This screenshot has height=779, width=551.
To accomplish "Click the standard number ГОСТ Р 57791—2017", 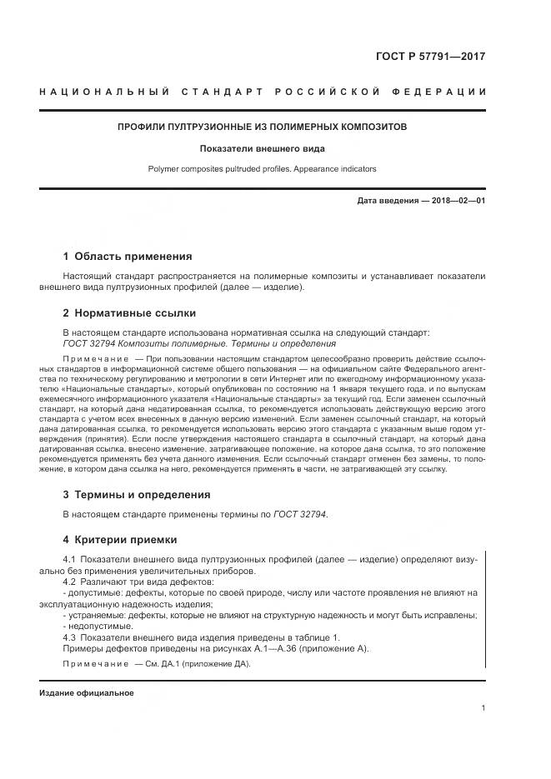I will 433,57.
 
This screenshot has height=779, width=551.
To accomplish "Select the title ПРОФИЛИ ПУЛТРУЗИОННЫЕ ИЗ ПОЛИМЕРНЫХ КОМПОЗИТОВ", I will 262,127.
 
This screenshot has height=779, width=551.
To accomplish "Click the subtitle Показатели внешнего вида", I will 262,149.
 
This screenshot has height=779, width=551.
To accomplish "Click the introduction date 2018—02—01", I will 456,202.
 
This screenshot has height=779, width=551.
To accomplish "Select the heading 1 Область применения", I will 128,257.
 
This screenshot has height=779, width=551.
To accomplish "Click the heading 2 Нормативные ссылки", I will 129,313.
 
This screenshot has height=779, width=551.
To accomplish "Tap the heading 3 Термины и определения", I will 137,494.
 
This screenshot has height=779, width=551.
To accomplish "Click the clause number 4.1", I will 70,559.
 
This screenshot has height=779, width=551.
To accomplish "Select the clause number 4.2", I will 70,582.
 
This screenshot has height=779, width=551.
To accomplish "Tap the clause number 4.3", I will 70,637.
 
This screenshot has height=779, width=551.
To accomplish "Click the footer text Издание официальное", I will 86,693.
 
